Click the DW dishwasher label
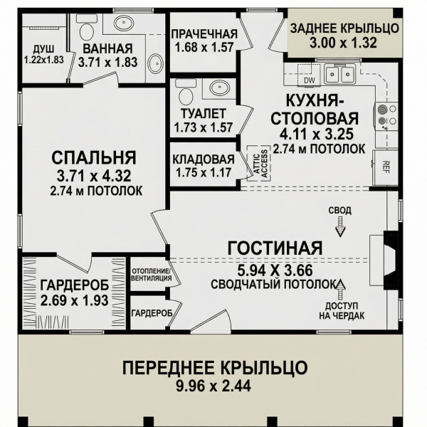point(309,80)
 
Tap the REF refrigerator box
point(386,167)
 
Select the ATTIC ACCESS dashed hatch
point(259,164)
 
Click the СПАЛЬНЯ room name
point(94,158)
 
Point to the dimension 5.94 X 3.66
point(275,270)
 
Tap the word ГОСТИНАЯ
point(275,248)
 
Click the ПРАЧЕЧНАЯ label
point(204,34)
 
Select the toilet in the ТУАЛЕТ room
point(186,91)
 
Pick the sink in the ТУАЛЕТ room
point(218,88)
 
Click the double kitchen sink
point(339,74)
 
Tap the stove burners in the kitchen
point(386,115)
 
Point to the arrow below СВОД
point(340,226)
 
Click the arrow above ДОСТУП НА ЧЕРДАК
point(340,290)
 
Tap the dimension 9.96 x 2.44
point(213,386)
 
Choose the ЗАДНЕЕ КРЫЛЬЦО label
point(344,28)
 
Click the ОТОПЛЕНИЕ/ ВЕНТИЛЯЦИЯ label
point(152,275)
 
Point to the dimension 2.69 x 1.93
point(74,300)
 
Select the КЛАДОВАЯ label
point(204,159)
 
